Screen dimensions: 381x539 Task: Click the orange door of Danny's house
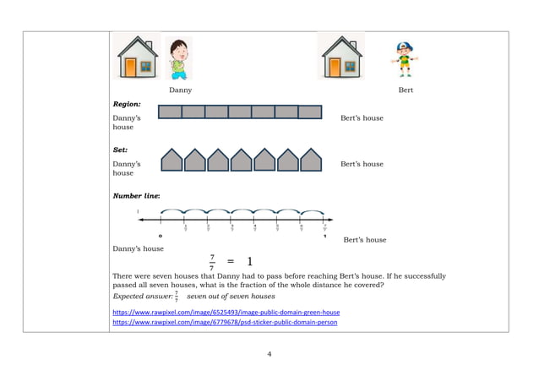[130, 68]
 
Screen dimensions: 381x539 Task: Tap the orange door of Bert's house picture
[336, 68]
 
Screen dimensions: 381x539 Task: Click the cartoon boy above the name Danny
[177, 57]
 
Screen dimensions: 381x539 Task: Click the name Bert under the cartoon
[405, 90]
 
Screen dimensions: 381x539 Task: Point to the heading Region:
[127, 104]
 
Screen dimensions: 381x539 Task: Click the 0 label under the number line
[161, 236]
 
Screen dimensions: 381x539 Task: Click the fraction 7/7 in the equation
[211, 262]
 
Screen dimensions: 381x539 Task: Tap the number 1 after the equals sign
[250, 262]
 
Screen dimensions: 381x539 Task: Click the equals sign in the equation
[230, 262]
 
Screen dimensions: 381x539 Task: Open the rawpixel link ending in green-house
[226, 312]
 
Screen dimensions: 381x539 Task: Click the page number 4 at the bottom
[269, 354]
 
